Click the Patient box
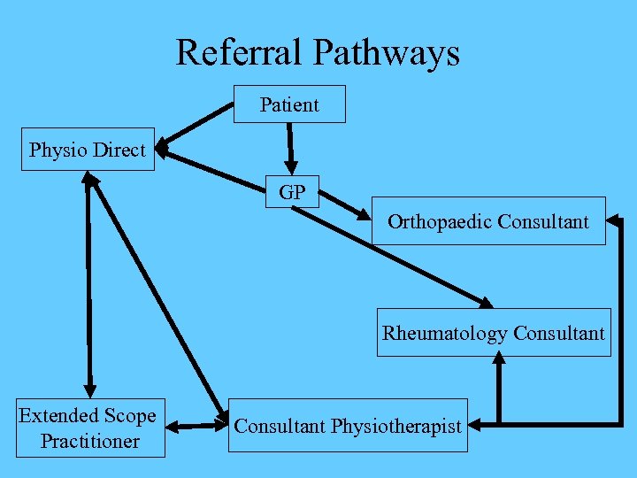[289, 104]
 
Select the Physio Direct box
[88, 150]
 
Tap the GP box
[292, 192]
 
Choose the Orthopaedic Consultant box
[487, 220]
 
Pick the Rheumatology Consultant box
[493, 333]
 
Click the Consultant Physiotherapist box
[347, 427]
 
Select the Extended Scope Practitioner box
[88, 428]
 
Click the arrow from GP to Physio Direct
[212, 169]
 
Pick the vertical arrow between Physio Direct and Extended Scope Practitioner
[88, 283]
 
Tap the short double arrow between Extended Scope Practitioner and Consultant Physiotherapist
[196, 427]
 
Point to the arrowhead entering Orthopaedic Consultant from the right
[616, 218]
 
